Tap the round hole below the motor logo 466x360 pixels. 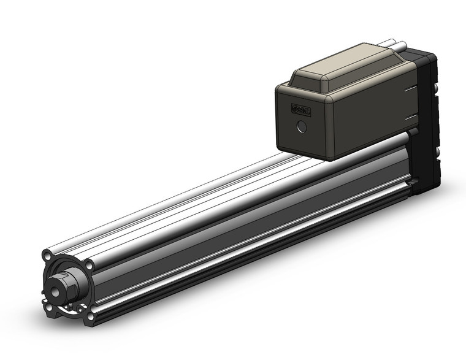click(x=300, y=127)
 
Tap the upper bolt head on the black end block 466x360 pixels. click(x=436, y=90)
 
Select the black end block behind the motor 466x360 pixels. click(x=427, y=123)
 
